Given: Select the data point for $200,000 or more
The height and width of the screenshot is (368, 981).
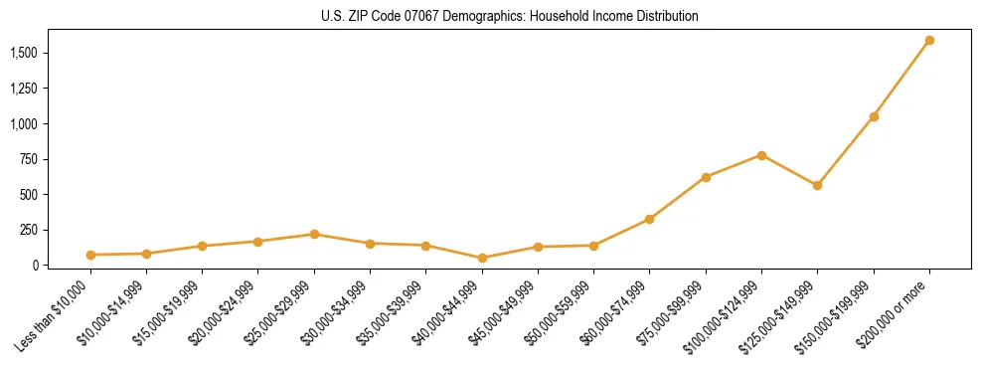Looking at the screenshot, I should pos(929,41).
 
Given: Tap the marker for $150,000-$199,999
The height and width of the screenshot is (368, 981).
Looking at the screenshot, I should pos(874,117).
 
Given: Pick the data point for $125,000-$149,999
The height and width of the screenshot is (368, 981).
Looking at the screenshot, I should pos(817,185).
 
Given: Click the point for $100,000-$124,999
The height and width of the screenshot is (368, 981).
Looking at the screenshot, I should pos(761,155).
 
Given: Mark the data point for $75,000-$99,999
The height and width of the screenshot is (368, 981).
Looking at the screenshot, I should pos(706,177).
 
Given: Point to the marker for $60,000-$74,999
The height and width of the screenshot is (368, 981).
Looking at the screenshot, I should pos(649,219).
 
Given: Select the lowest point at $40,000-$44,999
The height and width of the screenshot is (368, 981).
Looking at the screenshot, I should pos(482,258).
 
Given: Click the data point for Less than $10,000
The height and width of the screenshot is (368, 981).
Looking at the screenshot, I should pos(90,255).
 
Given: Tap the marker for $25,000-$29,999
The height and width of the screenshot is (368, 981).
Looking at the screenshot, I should pos(314,234).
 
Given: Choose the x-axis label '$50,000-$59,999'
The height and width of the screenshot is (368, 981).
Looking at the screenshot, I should pos(561,316).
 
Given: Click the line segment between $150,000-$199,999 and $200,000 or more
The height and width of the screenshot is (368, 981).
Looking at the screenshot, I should pos(901,80).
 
